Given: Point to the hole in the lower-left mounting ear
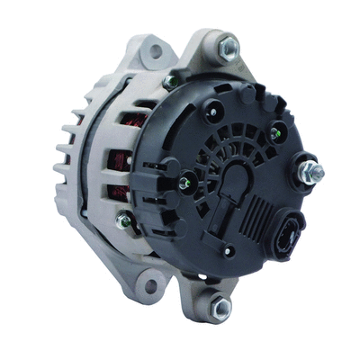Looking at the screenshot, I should point(150,287).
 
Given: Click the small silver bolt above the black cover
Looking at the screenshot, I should point(170,82).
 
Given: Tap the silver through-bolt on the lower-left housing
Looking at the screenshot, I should point(124,220).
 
